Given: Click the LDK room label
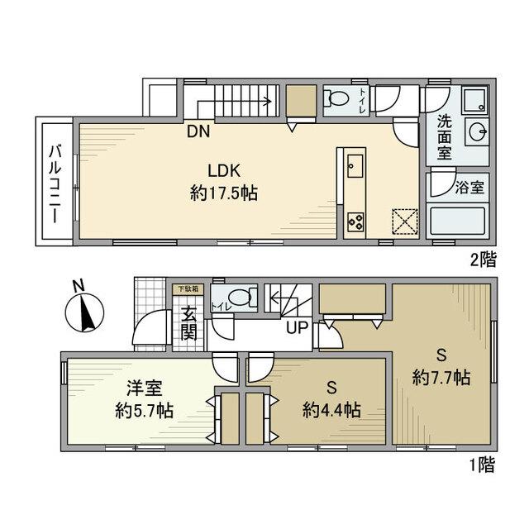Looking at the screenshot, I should pyautogui.click(x=223, y=172).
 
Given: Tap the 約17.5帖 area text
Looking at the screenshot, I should pyautogui.click(x=223, y=194).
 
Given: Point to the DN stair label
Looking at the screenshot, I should pyautogui.click(x=198, y=131).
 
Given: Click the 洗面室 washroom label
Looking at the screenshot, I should pyautogui.click(x=444, y=137).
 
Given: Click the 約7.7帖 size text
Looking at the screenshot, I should pyautogui.click(x=441, y=378).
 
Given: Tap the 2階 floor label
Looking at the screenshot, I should pyautogui.click(x=484, y=260).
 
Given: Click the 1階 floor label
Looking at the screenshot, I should pyautogui.click(x=484, y=465).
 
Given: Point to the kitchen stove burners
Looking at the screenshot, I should pyautogui.click(x=355, y=221).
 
